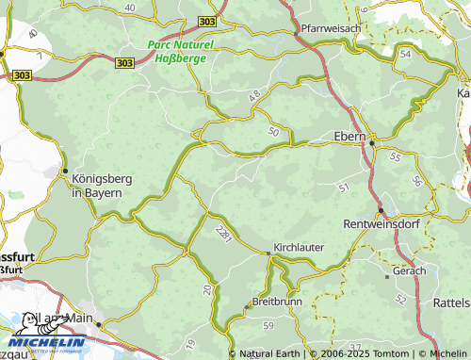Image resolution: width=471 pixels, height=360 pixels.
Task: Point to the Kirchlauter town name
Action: pyautogui.click(x=299, y=247)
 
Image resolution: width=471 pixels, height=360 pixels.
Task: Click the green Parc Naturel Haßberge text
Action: pyautogui.click(x=181, y=51)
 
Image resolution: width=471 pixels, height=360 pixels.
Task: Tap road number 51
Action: pyautogui.click(x=344, y=188)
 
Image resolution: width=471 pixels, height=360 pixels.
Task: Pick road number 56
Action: pyautogui.click(x=416, y=181)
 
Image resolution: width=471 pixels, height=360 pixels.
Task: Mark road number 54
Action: pyautogui.click(x=406, y=56)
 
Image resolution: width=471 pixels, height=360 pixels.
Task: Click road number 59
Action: pyautogui.click(x=268, y=325)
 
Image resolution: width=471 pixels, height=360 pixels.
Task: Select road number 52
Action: pyautogui.click(x=400, y=298)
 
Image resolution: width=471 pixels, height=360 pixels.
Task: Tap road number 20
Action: pyautogui.click(x=206, y=289)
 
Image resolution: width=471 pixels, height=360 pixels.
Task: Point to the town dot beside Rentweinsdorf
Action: pyautogui.click(x=381, y=209)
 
